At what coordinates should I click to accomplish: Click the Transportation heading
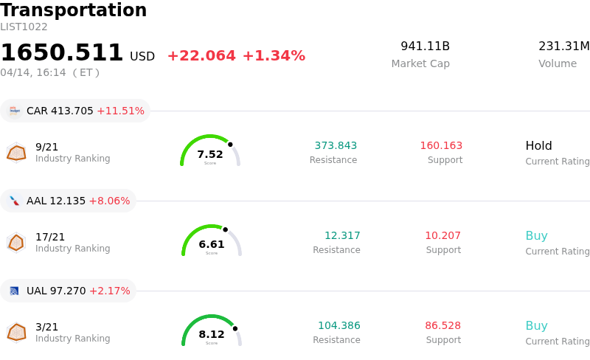[74, 11]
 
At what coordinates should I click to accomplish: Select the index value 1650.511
[62, 53]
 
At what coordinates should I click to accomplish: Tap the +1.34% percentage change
[274, 56]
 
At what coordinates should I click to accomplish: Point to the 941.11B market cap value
[425, 46]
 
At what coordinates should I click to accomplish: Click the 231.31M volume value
[563, 46]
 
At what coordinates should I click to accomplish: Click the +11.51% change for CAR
[120, 111]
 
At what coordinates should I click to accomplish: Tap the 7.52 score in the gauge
[210, 154]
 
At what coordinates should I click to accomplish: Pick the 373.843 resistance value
[336, 145]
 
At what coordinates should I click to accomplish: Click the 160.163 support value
[441, 145]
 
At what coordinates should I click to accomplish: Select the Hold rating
[538, 145]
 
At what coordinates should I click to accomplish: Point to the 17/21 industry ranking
[50, 237]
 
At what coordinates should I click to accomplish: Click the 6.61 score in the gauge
[212, 244]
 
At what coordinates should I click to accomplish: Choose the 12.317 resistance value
[342, 235]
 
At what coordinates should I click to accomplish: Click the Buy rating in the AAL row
[536, 236]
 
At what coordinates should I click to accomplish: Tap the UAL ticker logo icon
[14, 291]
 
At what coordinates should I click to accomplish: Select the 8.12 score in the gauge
[212, 334]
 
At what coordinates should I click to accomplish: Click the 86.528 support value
[442, 325]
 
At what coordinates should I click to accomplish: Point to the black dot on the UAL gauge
[235, 328]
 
